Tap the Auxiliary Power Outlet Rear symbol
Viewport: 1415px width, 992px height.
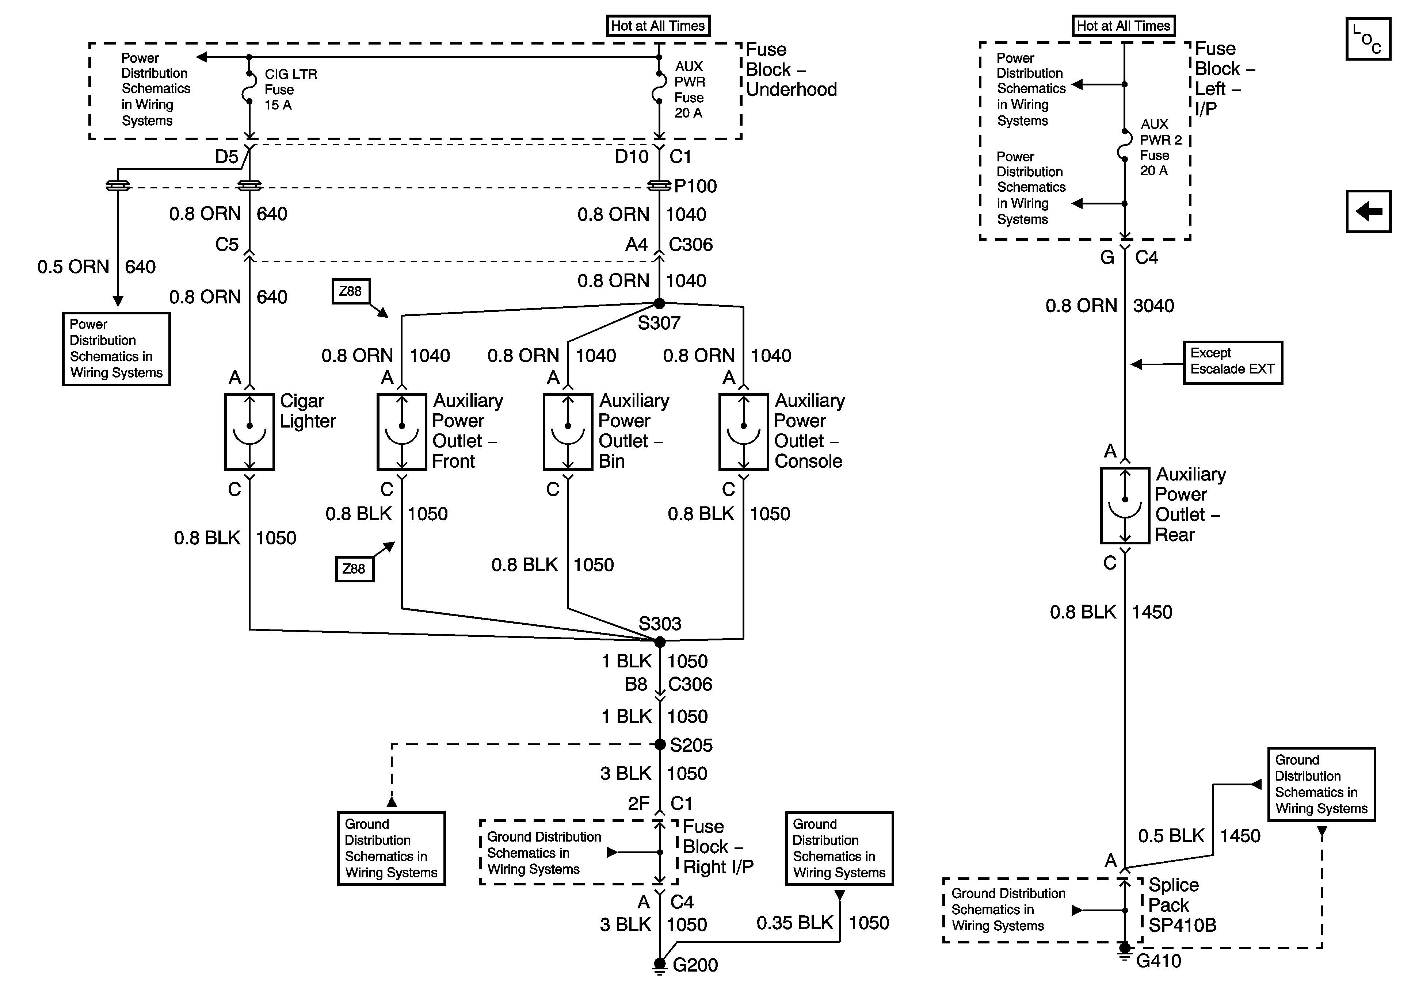[1125, 505]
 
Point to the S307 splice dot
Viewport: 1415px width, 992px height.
[659, 303]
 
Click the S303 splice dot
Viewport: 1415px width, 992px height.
[659, 642]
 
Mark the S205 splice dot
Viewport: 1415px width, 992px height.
[659, 744]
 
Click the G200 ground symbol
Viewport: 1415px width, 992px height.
[659, 965]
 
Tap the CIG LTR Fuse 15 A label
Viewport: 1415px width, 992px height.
[290, 89]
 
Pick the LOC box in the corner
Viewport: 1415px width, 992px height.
[1368, 39]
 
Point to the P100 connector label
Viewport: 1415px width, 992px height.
[695, 186]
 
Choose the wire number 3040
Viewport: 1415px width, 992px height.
[1153, 306]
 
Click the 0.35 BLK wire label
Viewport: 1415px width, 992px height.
[794, 922]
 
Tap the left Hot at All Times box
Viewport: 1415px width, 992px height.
[657, 26]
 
